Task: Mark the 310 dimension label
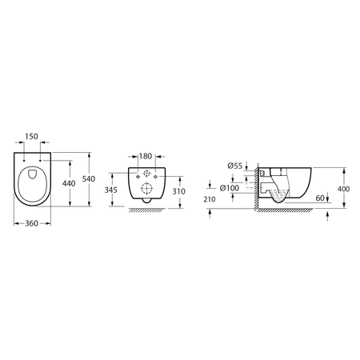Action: (178, 192)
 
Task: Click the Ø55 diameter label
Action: (234, 165)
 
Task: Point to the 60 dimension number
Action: (320, 197)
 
